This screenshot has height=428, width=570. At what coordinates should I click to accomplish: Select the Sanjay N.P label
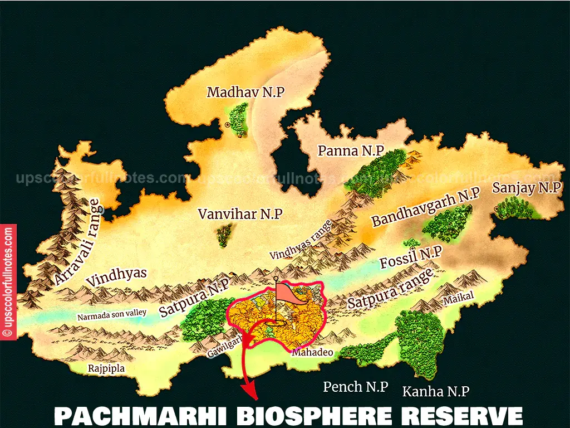click(x=526, y=188)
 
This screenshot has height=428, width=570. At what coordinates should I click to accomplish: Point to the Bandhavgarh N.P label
click(x=426, y=207)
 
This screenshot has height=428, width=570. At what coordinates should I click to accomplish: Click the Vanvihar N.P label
click(x=240, y=214)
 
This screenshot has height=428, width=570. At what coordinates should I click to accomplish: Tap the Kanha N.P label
click(x=435, y=391)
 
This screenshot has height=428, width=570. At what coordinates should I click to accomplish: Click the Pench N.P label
click(x=355, y=387)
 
